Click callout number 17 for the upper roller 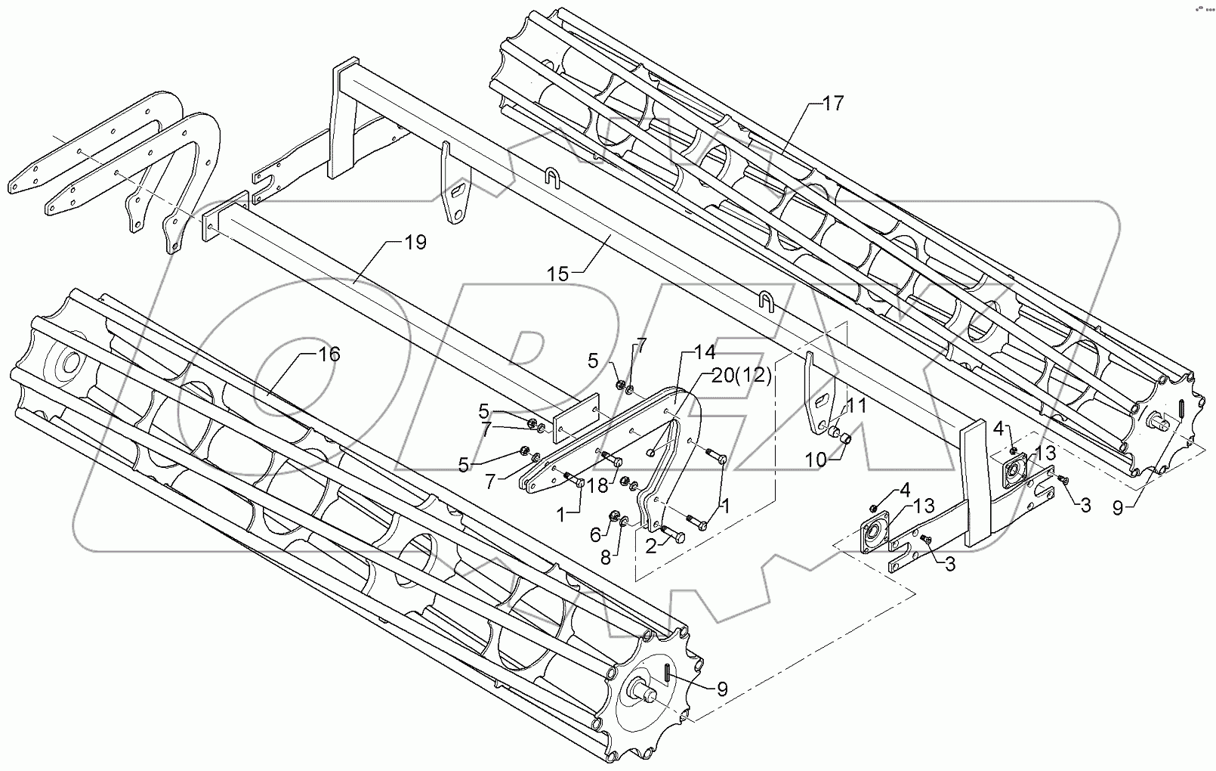pos(832,104)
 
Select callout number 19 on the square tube pos(415,243)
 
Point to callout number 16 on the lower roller pos(329,354)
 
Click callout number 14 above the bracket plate pos(704,351)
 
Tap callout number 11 pos(856,405)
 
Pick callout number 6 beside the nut pos(595,534)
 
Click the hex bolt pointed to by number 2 pos(674,534)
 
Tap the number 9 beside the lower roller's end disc pos(722,689)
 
